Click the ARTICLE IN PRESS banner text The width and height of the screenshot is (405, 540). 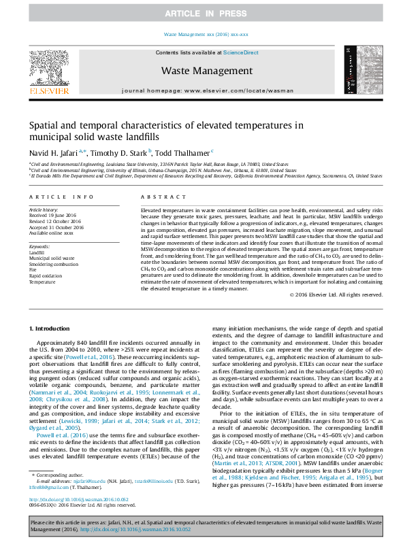(x=202, y=14)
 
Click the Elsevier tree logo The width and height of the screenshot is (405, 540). (x=48, y=71)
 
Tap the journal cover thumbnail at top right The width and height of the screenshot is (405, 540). (x=358, y=70)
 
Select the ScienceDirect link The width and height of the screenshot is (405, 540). (x=241, y=52)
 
